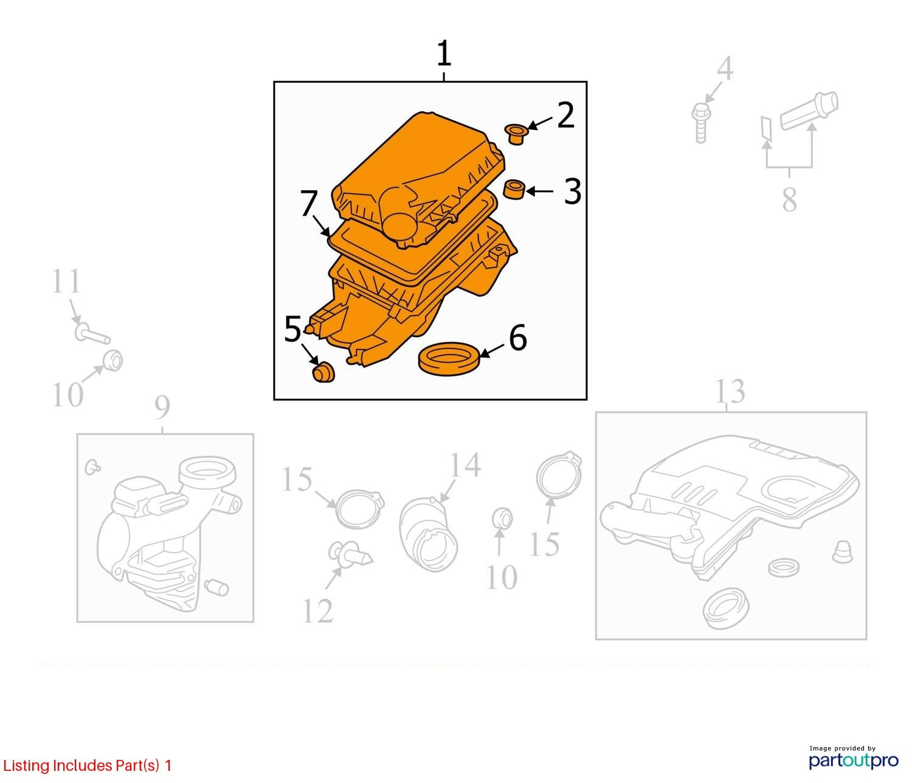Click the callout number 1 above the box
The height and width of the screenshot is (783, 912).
[x=444, y=53]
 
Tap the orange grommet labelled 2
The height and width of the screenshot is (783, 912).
[x=516, y=134]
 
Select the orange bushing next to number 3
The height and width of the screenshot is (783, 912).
[x=514, y=190]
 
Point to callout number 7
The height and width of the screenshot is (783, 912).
[x=309, y=203]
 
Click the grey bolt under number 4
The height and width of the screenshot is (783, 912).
[x=700, y=123]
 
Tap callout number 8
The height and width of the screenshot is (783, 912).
[x=789, y=199]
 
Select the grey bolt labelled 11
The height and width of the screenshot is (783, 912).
[x=91, y=334]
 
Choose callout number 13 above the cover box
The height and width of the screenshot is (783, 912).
[x=730, y=392]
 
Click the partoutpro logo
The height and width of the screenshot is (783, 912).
[x=854, y=761]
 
